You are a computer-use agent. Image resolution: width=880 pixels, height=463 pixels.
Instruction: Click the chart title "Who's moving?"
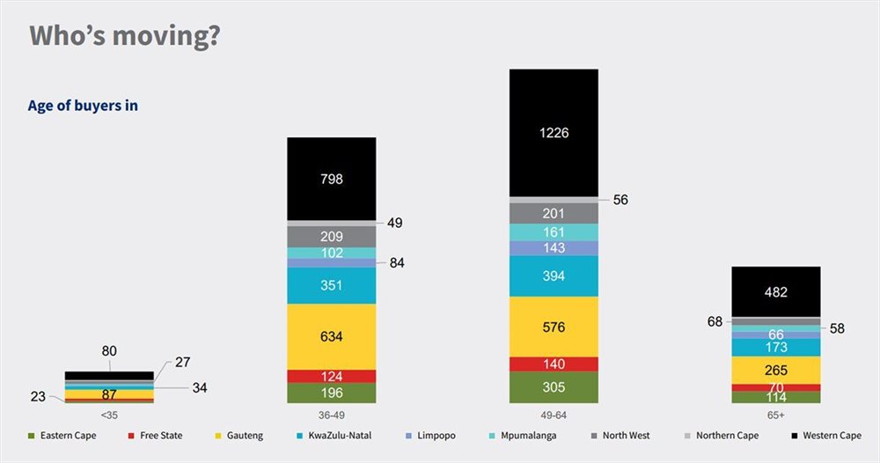click(x=124, y=36)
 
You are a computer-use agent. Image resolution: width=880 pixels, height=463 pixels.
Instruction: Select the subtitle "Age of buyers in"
click(x=83, y=106)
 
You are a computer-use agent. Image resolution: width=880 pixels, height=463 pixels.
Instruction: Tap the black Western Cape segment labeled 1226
click(x=554, y=132)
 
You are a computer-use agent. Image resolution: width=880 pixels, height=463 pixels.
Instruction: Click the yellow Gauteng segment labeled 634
click(x=332, y=335)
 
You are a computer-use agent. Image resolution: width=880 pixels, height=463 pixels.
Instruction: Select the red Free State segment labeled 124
click(x=332, y=376)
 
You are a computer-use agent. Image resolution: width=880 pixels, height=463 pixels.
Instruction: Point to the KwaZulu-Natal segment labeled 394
click(x=554, y=276)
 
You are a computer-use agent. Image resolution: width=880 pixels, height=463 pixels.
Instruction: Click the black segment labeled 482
click(x=776, y=291)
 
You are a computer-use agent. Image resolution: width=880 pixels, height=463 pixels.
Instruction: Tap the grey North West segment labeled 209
click(x=332, y=236)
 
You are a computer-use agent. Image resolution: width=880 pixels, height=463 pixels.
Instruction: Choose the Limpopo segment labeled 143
click(x=554, y=248)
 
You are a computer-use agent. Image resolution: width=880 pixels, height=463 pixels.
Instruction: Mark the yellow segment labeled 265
click(x=776, y=370)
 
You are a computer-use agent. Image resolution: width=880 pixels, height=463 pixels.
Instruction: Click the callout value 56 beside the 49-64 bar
click(x=620, y=200)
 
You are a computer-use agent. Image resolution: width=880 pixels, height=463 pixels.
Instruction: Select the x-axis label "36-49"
click(x=332, y=412)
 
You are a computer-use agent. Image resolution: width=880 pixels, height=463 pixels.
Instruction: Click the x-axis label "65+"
click(x=776, y=412)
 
